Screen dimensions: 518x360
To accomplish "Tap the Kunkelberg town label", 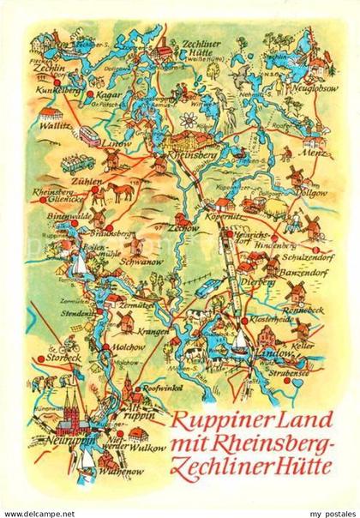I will tap(53, 87).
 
